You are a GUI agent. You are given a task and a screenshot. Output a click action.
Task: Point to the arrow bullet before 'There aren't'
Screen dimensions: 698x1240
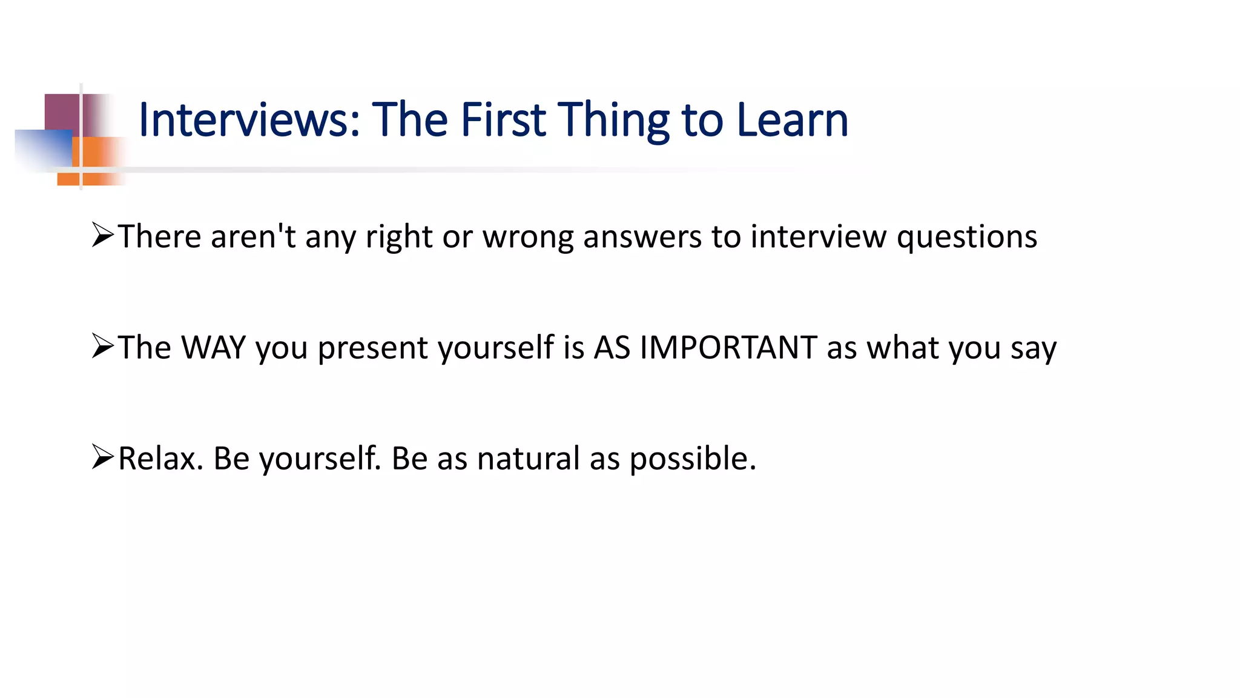click(x=103, y=235)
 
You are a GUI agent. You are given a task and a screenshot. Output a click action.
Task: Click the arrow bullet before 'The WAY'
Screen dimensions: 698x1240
click(x=103, y=346)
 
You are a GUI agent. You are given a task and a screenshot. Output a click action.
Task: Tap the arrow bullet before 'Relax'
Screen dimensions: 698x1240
click(x=103, y=457)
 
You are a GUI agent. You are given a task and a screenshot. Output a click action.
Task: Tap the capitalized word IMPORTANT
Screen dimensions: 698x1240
click(x=728, y=348)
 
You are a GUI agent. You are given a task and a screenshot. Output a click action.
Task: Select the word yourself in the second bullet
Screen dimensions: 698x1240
click(x=496, y=349)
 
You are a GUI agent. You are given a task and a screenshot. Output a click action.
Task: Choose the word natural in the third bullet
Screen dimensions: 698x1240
click(x=528, y=459)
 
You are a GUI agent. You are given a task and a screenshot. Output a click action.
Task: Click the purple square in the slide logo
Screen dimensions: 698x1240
click(x=62, y=112)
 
